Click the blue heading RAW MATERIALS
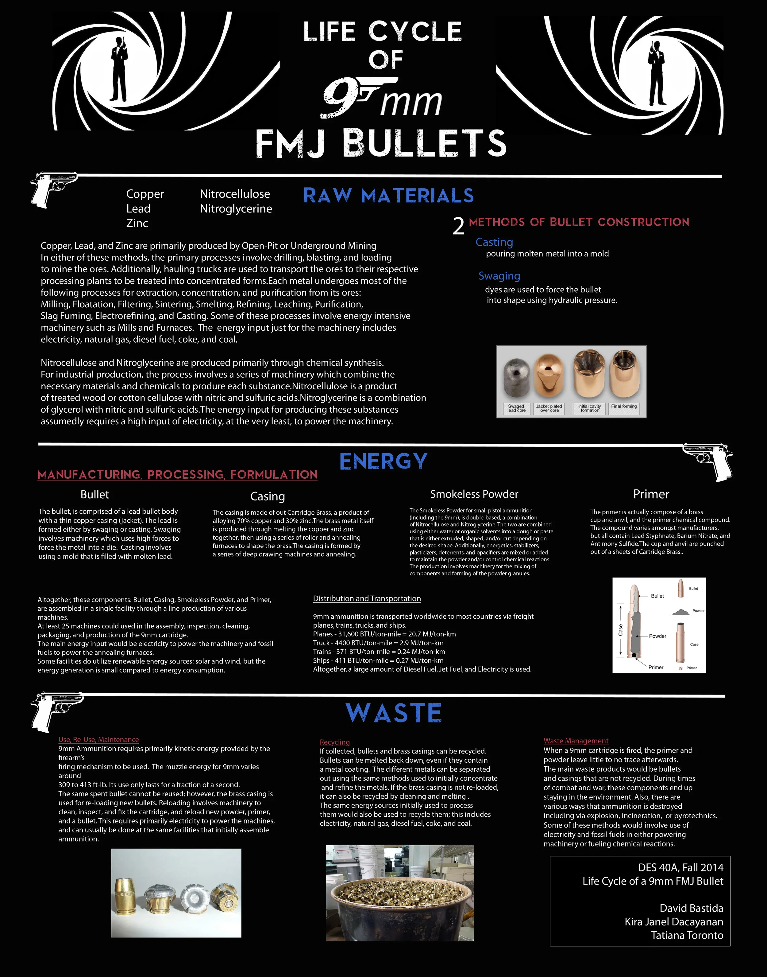pyautogui.click(x=388, y=196)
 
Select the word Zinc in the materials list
pyautogui.click(x=137, y=223)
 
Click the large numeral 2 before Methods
pyautogui.click(x=458, y=226)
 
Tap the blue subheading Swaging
pyautogui.click(x=499, y=276)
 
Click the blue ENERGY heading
pyautogui.click(x=383, y=461)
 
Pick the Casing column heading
pyautogui.click(x=268, y=496)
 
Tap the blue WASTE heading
pyautogui.click(x=394, y=713)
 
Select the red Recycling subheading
pyautogui.click(x=334, y=742)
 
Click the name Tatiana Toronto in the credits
pyautogui.click(x=687, y=936)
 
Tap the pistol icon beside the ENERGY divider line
pyautogui.click(x=708, y=461)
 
